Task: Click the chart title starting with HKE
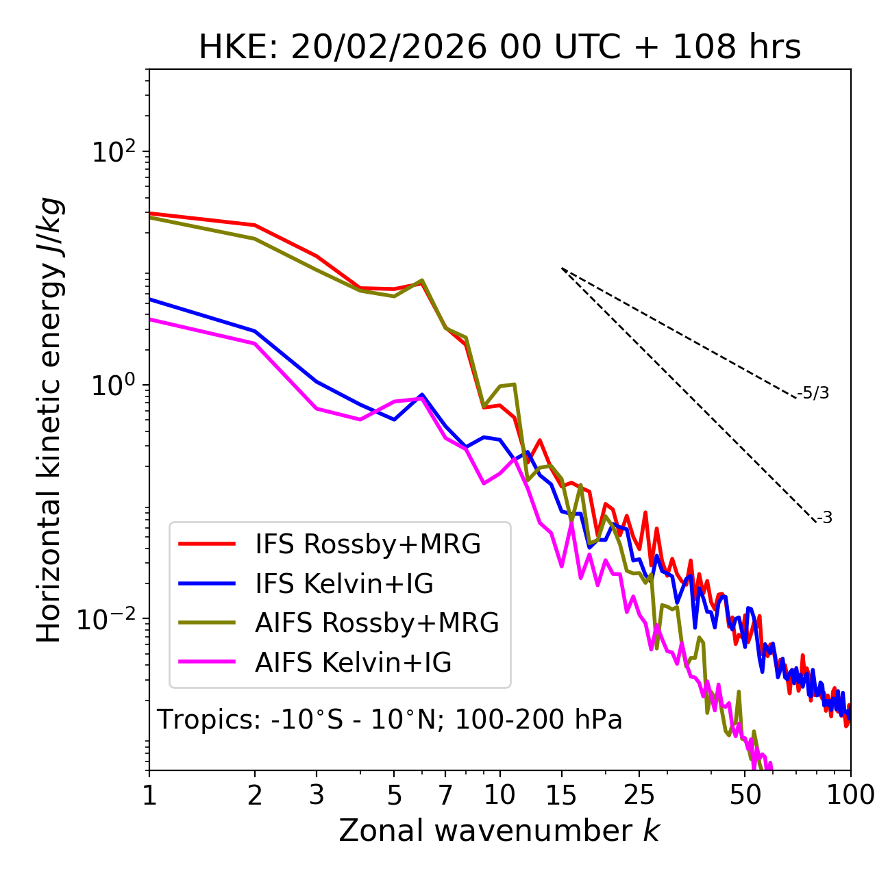[x=499, y=48]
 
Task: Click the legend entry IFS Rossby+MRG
[x=368, y=544]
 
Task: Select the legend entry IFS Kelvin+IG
[x=344, y=584]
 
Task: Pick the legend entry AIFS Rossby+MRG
[x=377, y=623]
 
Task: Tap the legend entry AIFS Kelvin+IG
[x=353, y=663]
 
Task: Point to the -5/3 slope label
[x=813, y=393]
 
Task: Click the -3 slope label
[x=824, y=518]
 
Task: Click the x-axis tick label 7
[x=445, y=795]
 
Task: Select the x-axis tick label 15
[x=562, y=795]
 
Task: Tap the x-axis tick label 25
[x=639, y=795]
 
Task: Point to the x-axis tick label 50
[x=745, y=795]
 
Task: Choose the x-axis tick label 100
[x=850, y=795]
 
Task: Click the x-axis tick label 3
[x=317, y=795]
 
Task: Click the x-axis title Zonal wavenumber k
[x=499, y=831]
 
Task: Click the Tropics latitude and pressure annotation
[x=390, y=720]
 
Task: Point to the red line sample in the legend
[x=207, y=544]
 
